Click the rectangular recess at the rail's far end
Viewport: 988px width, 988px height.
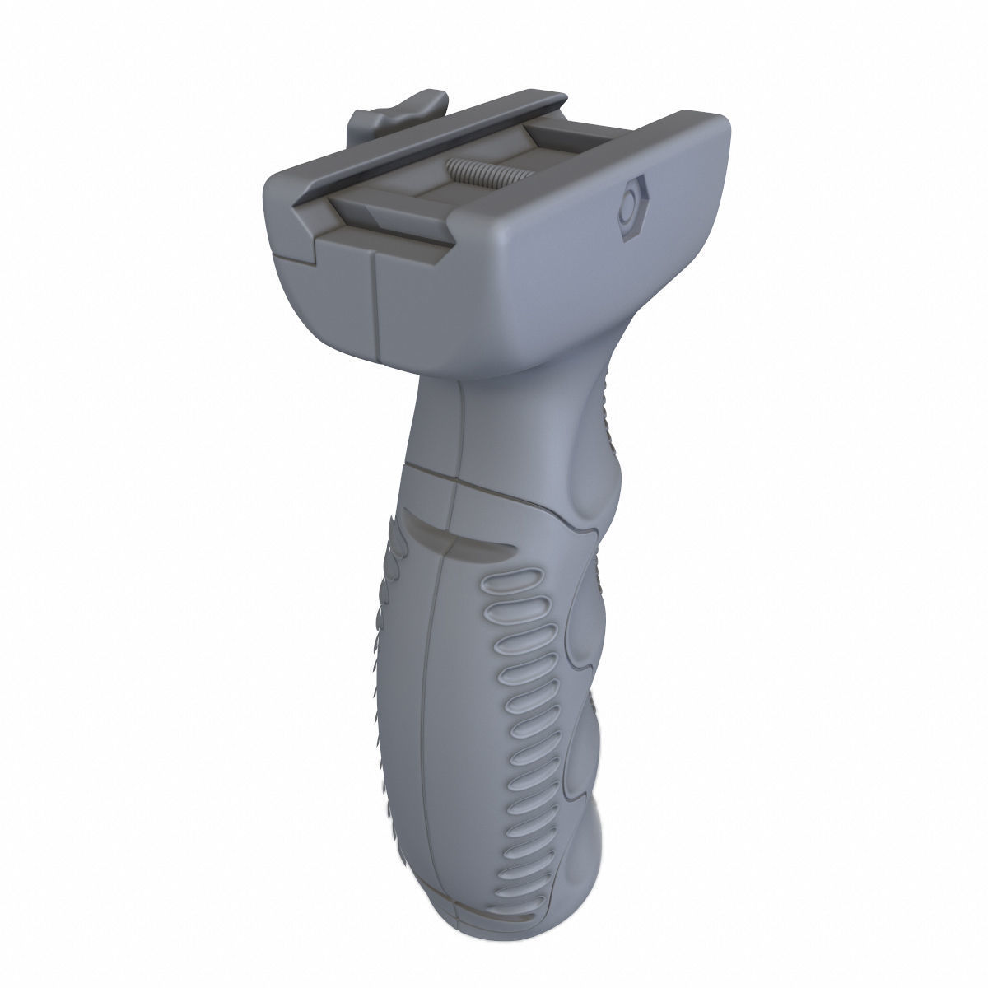(562, 133)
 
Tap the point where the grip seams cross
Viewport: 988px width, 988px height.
(455, 486)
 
